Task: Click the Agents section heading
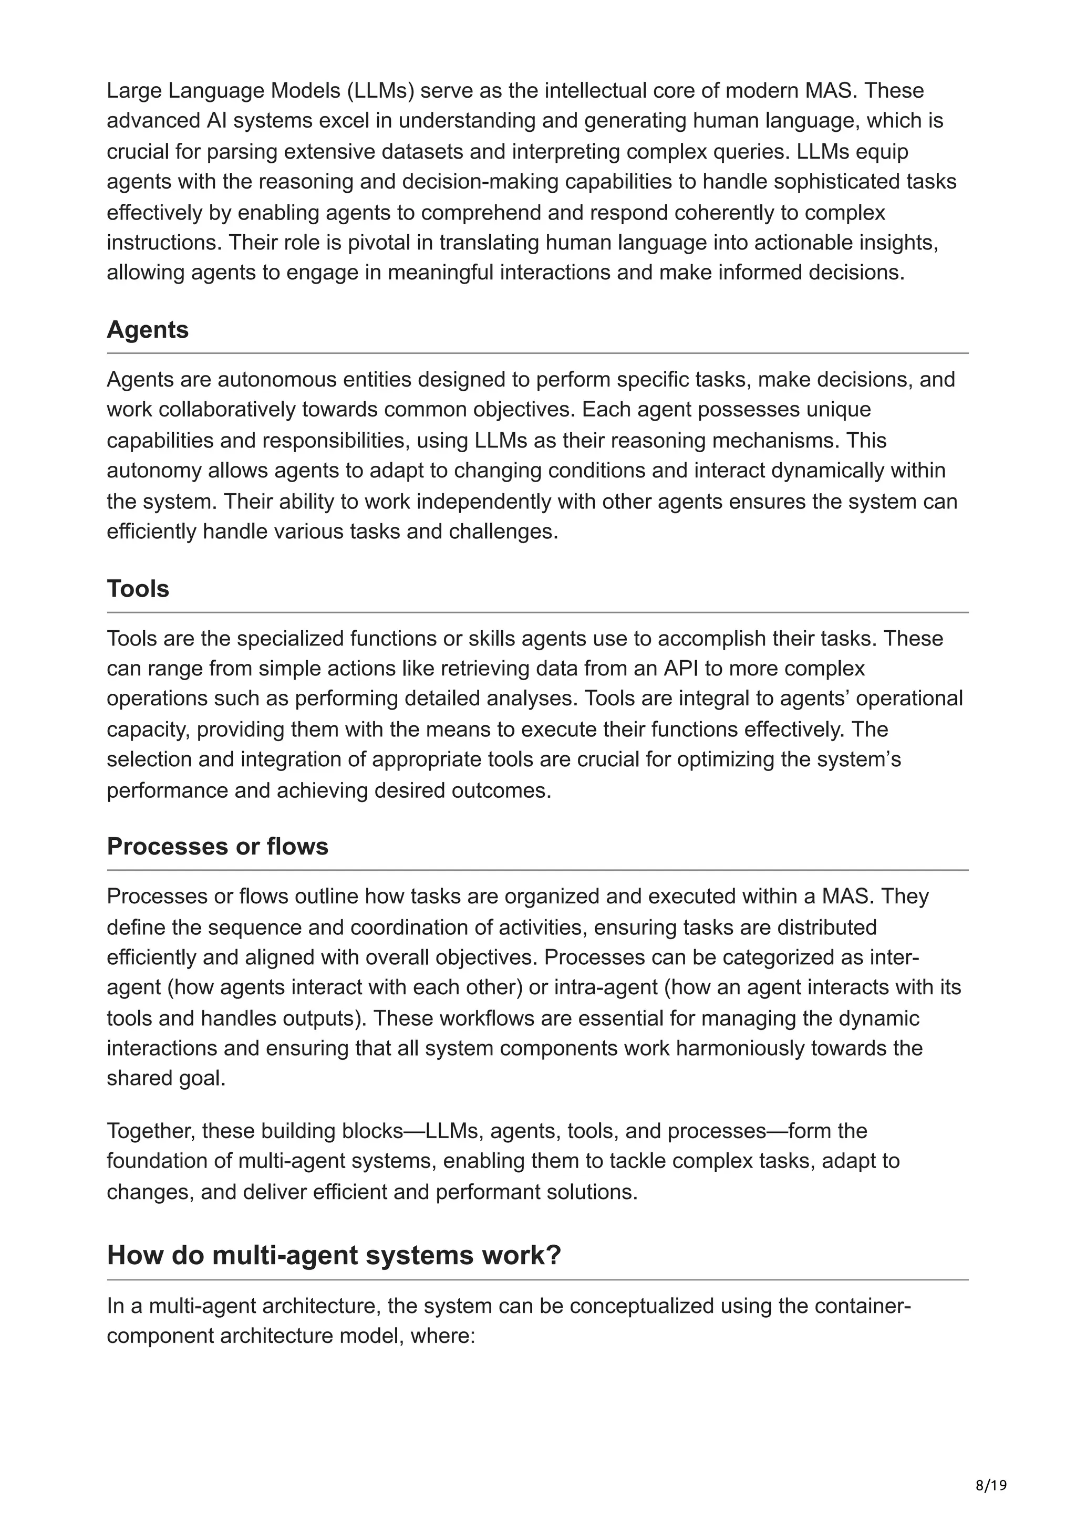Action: tap(147, 329)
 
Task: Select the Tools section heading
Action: tap(138, 589)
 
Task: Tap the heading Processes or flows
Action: tap(218, 847)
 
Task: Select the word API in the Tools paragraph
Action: tap(681, 668)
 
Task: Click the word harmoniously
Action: tap(717, 1048)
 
